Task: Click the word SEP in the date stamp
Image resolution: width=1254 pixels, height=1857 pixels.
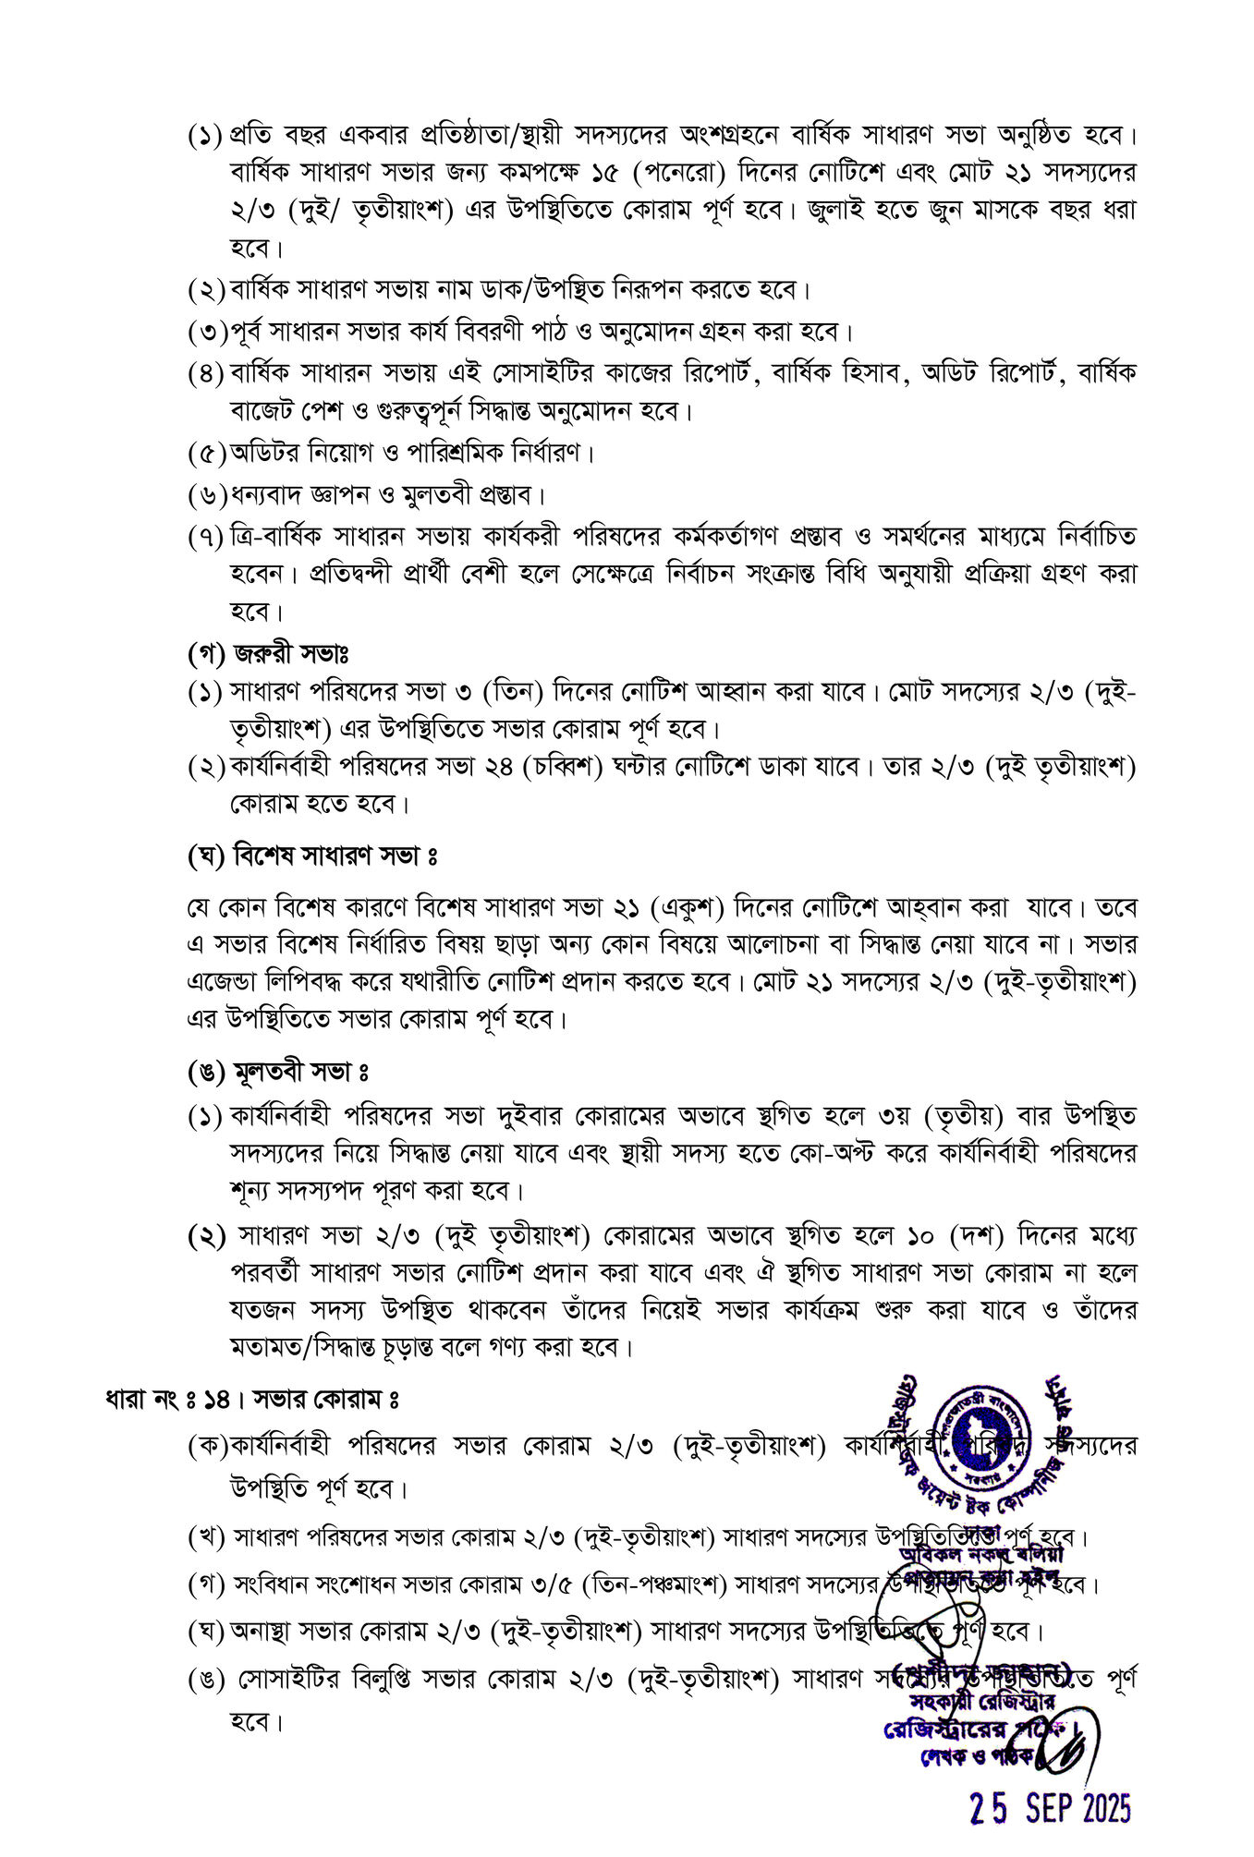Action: coord(1049,1807)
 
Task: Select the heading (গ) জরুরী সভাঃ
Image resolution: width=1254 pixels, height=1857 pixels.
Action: coord(268,654)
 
